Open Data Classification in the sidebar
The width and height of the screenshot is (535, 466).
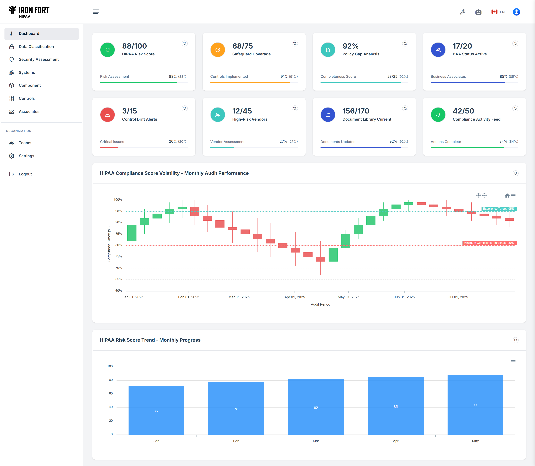(36, 47)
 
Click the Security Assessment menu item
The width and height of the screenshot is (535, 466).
(38, 59)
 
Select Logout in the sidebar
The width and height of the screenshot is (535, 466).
(25, 174)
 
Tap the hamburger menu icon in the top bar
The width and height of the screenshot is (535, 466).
(96, 12)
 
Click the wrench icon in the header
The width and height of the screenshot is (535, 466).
(462, 12)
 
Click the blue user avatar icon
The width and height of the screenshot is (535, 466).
(516, 12)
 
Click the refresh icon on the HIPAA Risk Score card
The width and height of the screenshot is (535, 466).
(185, 43)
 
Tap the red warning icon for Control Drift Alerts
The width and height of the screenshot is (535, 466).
(107, 115)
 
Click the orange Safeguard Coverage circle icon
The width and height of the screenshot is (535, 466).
(218, 50)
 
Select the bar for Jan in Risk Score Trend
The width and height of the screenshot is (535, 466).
(156, 410)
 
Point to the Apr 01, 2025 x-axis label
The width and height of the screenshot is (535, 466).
(294, 297)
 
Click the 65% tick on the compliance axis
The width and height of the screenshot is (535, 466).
(119, 279)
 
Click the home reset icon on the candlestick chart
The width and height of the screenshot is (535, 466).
(507, 196)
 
